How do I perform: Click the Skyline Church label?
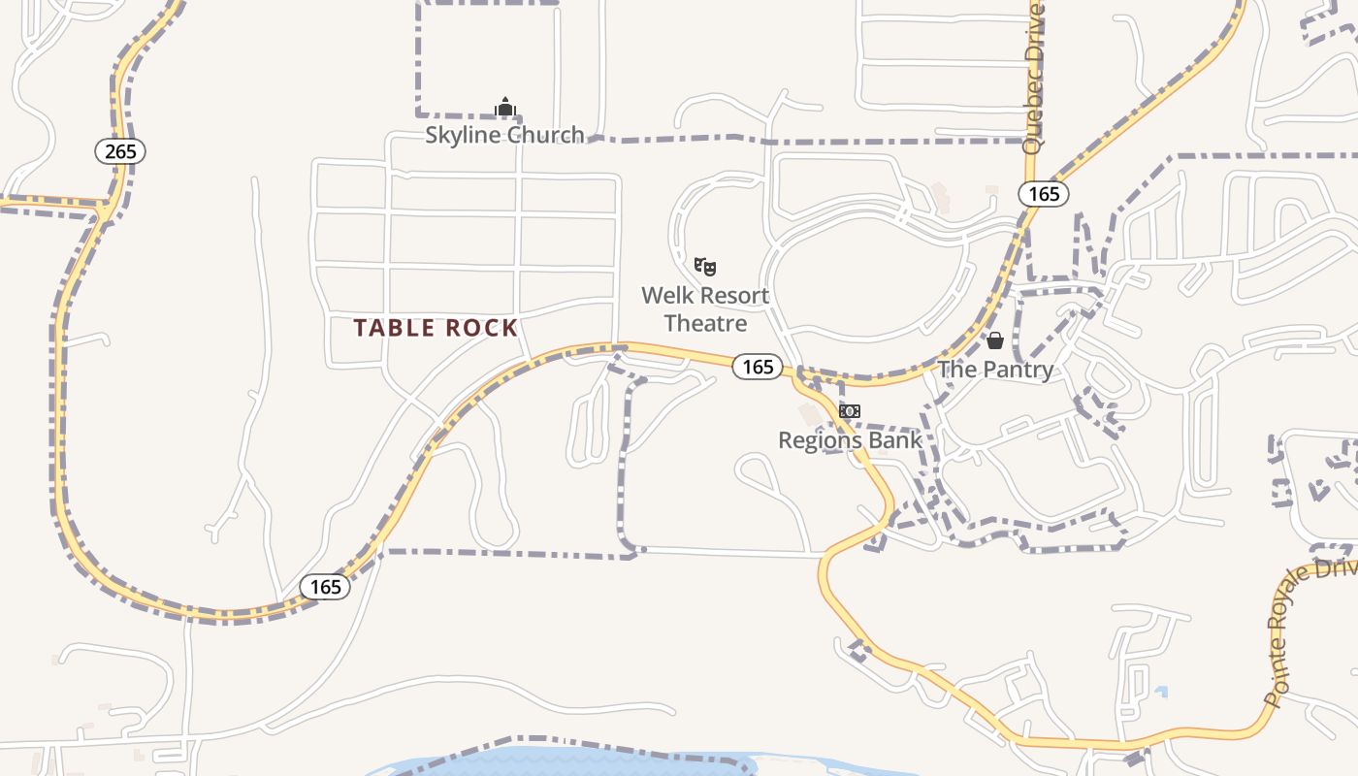pos(504,134)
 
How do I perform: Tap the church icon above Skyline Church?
pos(504,107)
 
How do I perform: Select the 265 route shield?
pos(120,151)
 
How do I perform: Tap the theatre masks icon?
pos(705,265)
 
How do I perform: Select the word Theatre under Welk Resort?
pos(705,323)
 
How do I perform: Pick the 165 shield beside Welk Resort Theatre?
pos(757,366)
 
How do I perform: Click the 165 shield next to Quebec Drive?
pos(1044,194)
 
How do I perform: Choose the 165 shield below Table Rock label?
pos(325,587)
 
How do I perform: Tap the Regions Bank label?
pos(850,440)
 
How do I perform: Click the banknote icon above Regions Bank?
pos(850,411)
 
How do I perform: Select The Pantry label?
pos(995,370)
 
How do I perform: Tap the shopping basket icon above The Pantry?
pos(995,340)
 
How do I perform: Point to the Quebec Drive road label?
pos(1034,78)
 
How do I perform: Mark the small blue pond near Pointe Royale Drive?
pos(1161,693)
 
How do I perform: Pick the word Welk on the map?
pos(666,296)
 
